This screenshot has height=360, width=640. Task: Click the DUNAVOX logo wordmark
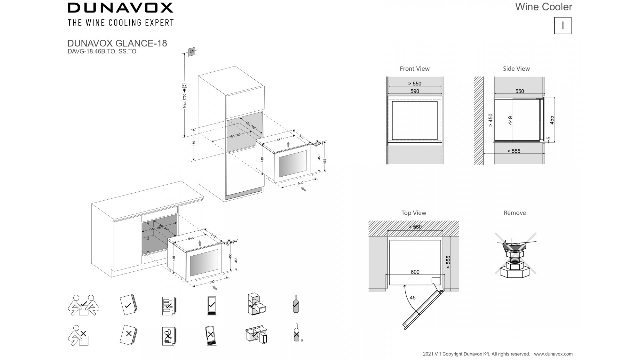pos(120,8)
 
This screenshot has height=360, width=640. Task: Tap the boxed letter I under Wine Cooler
pos(563,26)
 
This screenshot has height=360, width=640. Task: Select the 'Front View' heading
pos(414,69)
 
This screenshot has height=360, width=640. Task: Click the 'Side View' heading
pos(516,69)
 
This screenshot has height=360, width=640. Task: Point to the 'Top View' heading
pos(413,213)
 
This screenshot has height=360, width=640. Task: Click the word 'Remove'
pos(514,213)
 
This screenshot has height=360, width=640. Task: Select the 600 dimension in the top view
pos(415,272)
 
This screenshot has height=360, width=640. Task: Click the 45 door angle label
pos(413,298)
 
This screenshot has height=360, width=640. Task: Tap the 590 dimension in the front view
pos(415,91)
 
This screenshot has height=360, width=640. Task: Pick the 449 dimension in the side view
pos(510,121)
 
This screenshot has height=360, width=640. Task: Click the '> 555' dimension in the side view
pos(514,151)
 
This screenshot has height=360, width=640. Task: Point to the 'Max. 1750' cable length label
pos(185,101)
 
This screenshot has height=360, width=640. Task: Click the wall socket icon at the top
pos(192,51)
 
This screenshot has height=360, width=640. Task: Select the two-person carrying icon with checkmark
pos(83,305)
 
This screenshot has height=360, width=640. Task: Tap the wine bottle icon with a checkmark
pos(295,304)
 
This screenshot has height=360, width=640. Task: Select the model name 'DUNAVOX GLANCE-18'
pos(117,43)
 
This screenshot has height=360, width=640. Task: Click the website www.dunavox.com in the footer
pos(553,354)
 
